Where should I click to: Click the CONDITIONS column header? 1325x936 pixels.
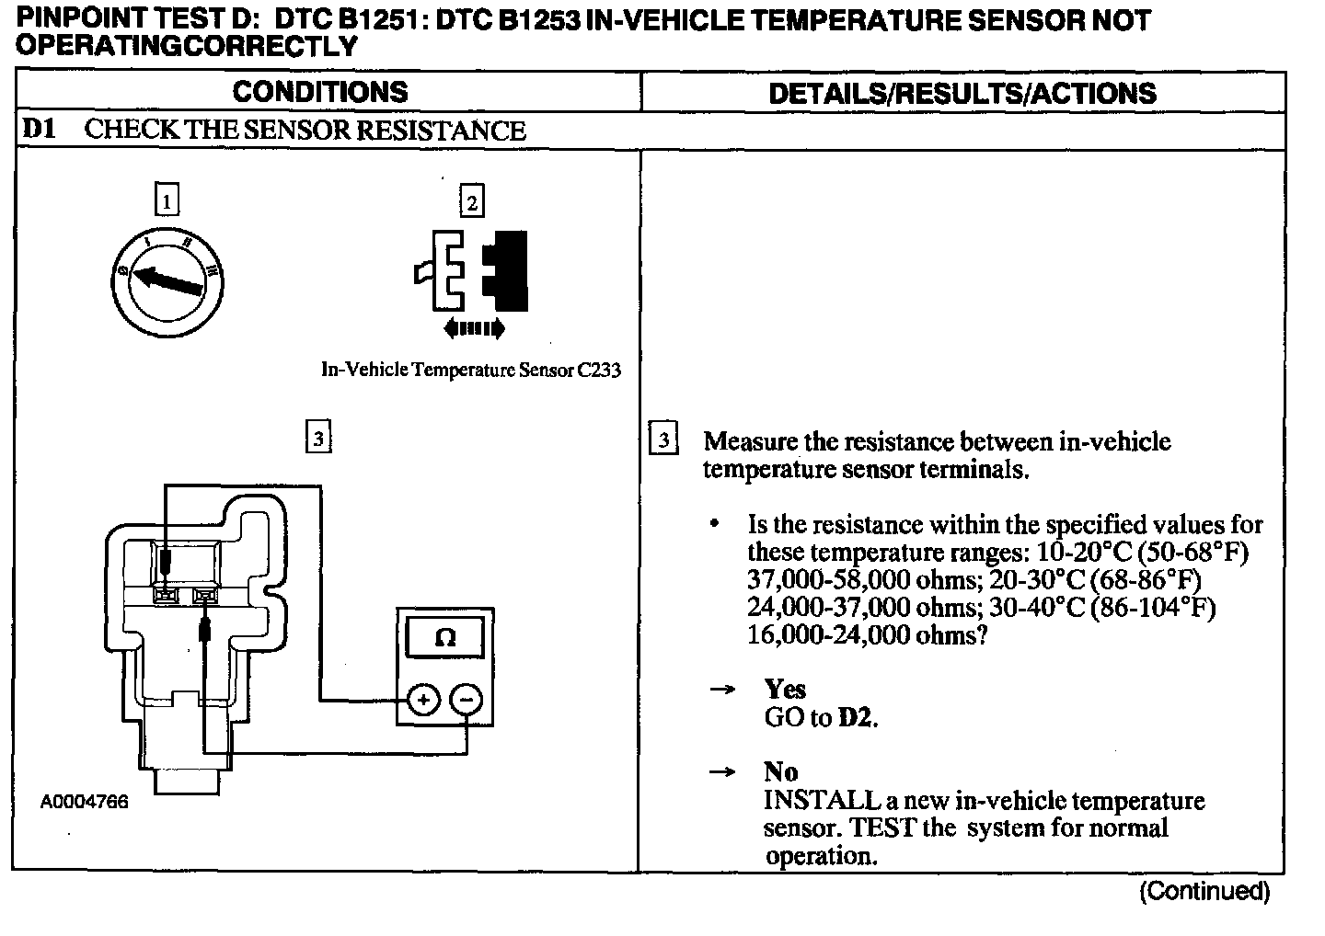pyautogui.click(x=319, y=92)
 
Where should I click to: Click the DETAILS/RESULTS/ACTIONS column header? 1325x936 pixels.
pyautogui.click(x=962, y=93)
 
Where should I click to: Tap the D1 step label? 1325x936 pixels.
pyautogui.click(x=39, y=130)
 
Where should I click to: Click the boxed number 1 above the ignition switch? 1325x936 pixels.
pyautogui.click(x=167, y=200)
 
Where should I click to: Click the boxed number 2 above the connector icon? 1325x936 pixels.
pyautogui.click(x=471, y=201)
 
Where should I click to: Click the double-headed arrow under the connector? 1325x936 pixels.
pyautogui.click(x=473, y=327)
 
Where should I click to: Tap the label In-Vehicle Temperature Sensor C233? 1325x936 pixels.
pyautogui.click(x=470, y=370)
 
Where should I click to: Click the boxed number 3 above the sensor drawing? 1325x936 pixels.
pyautogui.click(x=317, y=438)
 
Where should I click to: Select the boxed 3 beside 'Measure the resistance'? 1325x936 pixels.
pyautogui.click(x=662, y=439)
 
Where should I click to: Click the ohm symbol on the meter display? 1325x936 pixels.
pyautogui.click(x=444, y=637)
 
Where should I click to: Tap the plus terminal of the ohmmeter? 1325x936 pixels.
pyautogui.click(x=422, y=701)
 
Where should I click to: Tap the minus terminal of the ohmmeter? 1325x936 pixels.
pyautogui.click(x=467, y=701)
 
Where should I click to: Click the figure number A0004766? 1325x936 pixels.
pyautogui.click(x=85, y=802)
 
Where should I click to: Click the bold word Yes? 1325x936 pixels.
pyautogui.click(x=784, y=689)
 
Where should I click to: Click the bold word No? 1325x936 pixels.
pyautogui.click(x=780, y=771)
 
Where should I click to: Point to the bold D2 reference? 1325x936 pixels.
pyautogui.click(x=856, y=717)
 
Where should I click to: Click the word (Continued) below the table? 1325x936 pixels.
pyautogui.click(x=1204, y=890)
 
